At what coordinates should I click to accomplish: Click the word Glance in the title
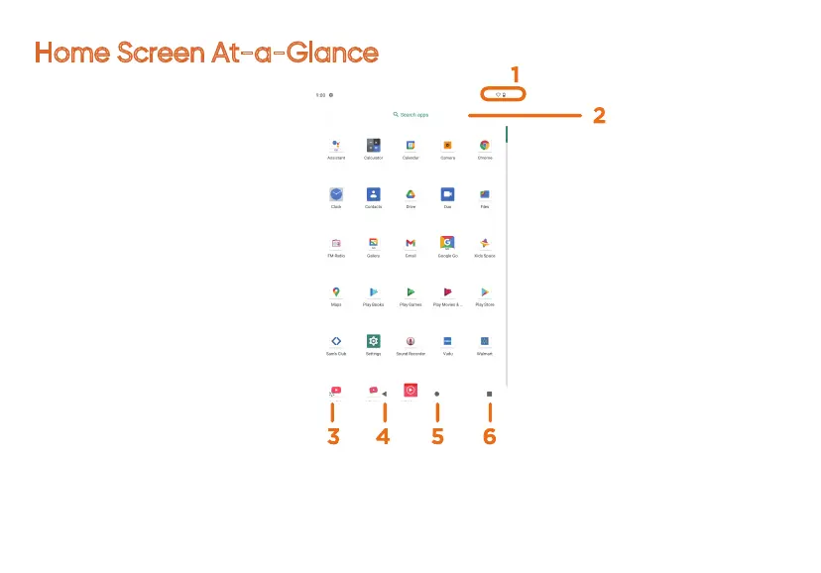(330, 53)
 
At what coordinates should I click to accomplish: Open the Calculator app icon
(374, 145)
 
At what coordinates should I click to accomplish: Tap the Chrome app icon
(485, 145)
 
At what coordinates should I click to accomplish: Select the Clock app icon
(336, 194)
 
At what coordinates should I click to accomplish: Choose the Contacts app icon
(374, 194)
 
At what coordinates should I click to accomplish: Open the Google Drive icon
(410, 194)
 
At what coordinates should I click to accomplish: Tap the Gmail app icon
(410, 243)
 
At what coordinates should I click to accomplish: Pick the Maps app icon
(336, 291)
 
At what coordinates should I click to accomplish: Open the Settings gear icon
(374, 340)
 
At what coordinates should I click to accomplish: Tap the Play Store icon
(485, 291)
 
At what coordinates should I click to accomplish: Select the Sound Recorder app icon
(410, 340)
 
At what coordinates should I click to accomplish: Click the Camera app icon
(448, 145)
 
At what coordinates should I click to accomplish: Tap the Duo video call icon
(448, 194)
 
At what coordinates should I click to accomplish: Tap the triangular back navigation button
(385, 394)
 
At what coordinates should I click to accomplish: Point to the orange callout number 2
(599, 115)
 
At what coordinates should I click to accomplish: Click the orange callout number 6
(489, 436)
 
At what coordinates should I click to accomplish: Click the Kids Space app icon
(485, 243)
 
